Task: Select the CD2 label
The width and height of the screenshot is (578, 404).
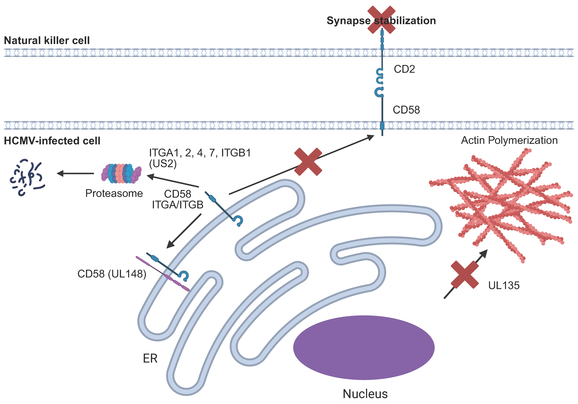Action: [404, 69]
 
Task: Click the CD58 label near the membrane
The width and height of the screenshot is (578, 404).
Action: [406, 110]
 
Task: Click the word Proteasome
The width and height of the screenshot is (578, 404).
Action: [114, 193]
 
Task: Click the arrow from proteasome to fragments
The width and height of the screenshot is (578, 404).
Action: [76, 173]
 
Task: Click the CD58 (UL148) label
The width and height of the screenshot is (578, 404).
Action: [112, 274]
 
